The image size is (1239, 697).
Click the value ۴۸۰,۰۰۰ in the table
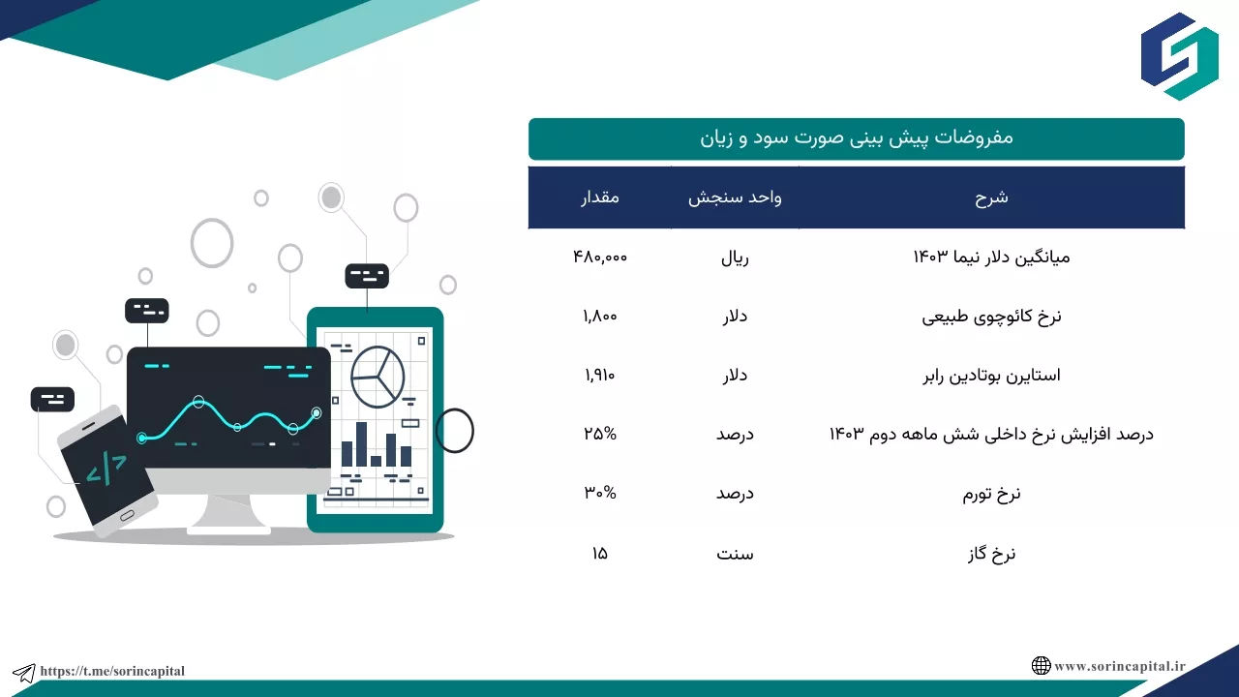tap(600, 258)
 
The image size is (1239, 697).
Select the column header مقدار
tap(600, 197)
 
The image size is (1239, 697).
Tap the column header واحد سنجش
tap(735, 197)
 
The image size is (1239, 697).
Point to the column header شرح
tap(991, 197)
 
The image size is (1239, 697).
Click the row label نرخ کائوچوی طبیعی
tap(991, 317)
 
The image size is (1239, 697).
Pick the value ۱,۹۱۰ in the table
tap(600, 376)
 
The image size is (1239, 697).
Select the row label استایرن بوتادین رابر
tap(991, 376)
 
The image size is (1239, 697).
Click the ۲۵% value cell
tap(600, 434)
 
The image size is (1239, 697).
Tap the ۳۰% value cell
tap(600, 493)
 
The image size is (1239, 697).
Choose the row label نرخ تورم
tap(991, 494)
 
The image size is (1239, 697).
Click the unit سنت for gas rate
tap(735, 554)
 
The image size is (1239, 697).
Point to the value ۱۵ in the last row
tap(600, 553)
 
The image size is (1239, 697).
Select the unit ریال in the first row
tap(735, 258)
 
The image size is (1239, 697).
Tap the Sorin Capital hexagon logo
tap(1179, 56)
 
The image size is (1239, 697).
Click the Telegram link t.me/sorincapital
tap(112, 671)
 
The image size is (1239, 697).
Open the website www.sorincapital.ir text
tap(1120, 666)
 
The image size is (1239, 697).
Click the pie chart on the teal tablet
tap(378, 377)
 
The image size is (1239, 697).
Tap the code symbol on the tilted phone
tap(106, 470)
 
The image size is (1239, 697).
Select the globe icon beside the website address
tap(1041, 665)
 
